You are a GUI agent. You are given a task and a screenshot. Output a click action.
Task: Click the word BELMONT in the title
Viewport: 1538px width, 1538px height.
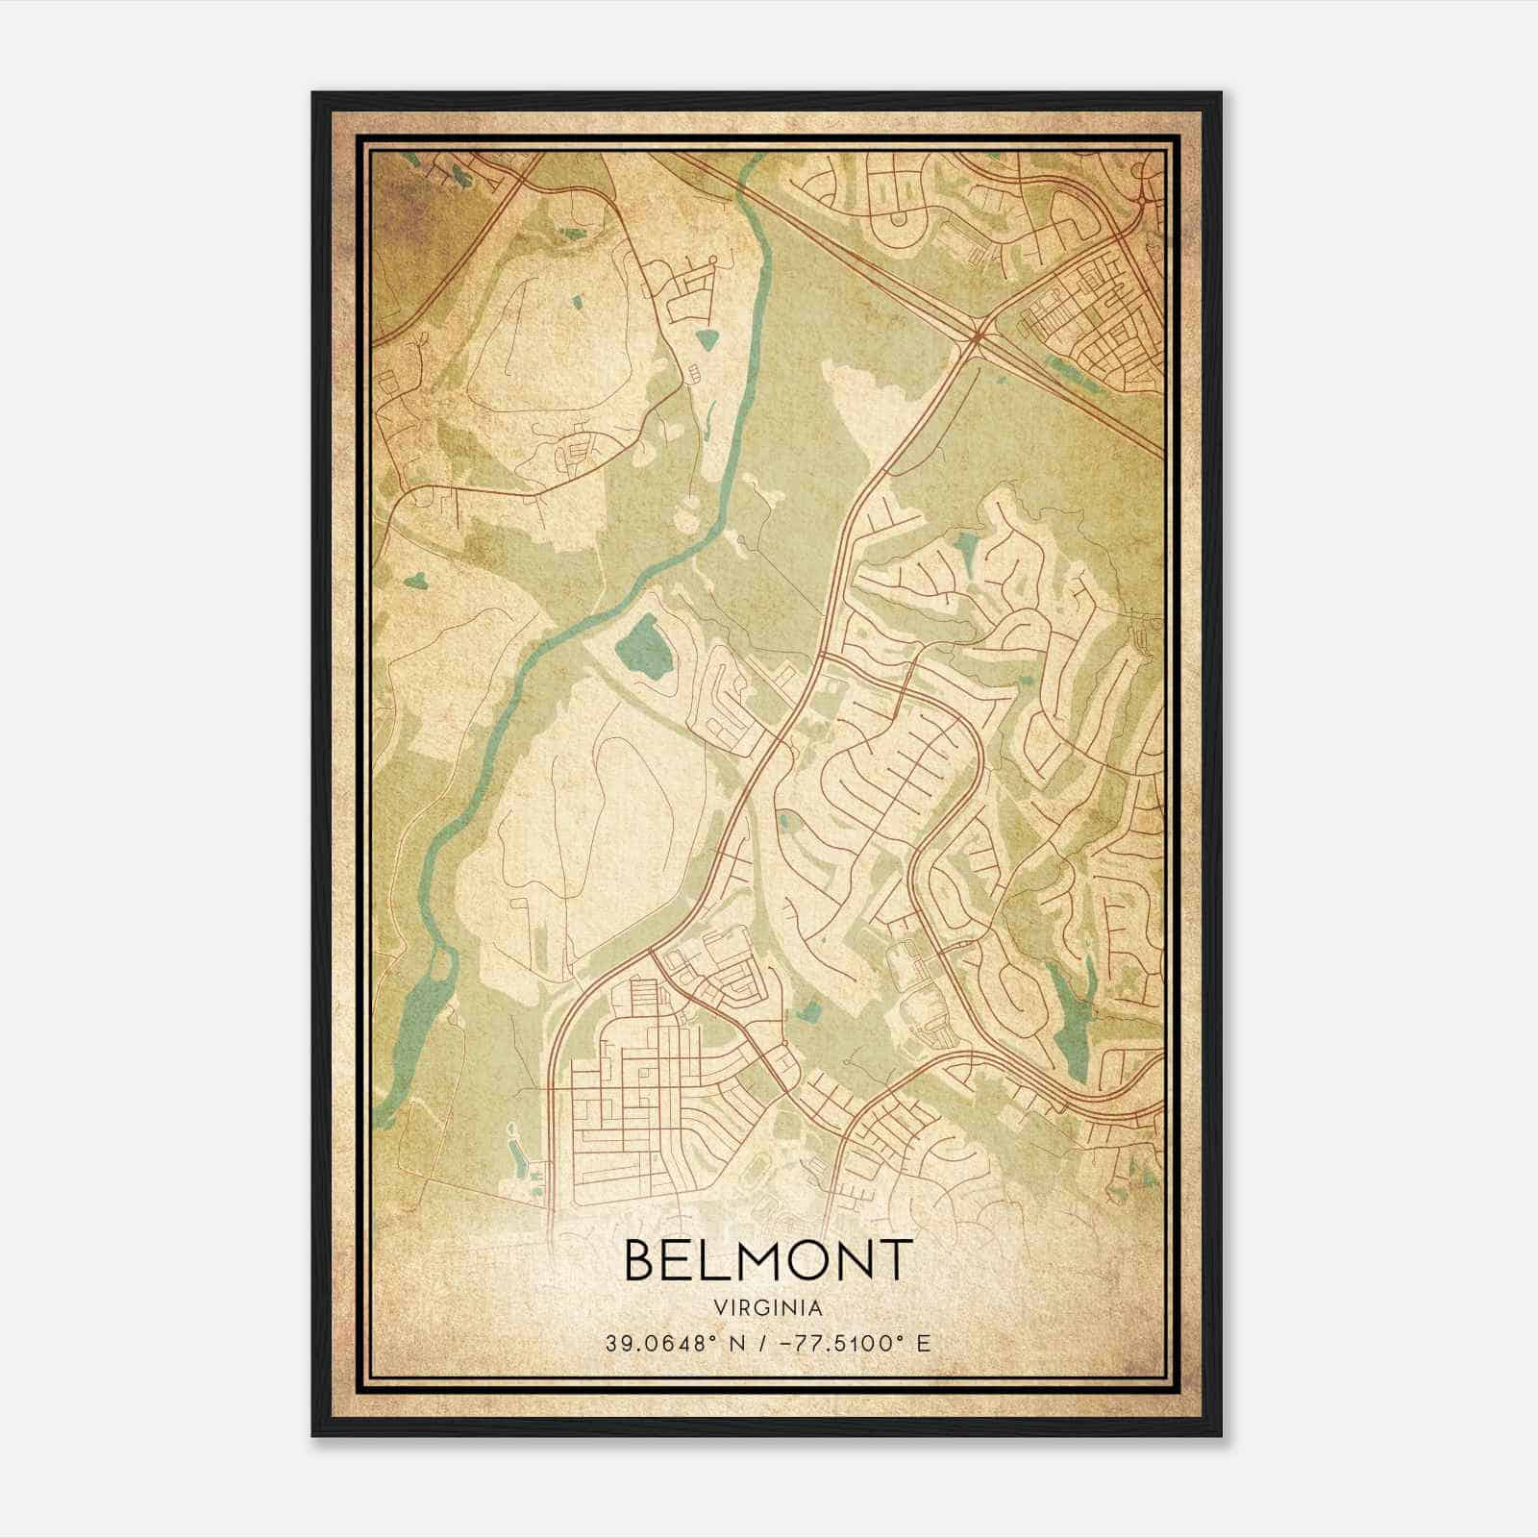coord(768,1259)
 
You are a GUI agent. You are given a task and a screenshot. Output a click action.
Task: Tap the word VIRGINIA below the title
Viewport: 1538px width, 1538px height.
coord(768,1308)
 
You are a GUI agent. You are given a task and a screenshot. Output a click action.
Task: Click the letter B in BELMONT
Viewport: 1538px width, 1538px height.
coord(641,1259)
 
